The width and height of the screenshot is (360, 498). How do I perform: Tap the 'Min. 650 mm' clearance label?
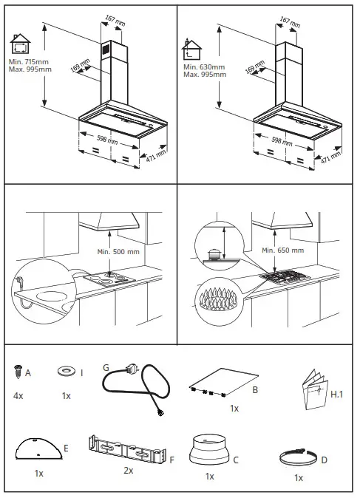tap(282, 250)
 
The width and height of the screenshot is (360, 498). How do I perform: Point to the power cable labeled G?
tap(137, 388)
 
